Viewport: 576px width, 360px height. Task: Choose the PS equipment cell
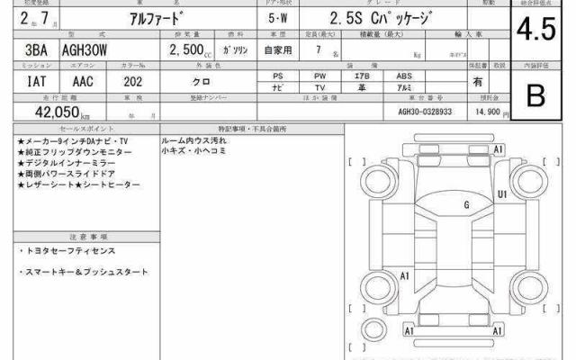click(x=278, y=76)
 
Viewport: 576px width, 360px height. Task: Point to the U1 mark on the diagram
click(x=501, y=194)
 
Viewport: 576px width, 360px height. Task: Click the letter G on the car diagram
click(x=466, y=205)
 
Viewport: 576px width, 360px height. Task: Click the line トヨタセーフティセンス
click(x=68, y=251)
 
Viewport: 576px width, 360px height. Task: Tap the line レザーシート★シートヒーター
click(x=79, y=184)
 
